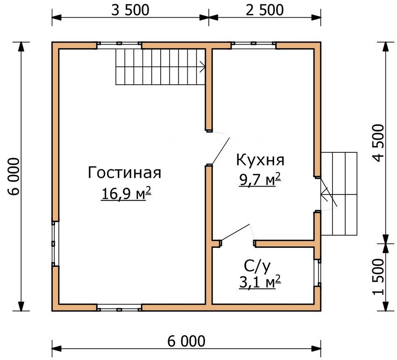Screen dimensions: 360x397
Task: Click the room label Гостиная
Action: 124,173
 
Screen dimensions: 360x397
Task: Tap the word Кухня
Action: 260,160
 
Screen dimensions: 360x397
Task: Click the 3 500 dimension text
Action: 130,10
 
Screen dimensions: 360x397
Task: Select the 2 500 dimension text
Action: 264,10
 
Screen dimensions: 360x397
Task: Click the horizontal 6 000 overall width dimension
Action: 186,341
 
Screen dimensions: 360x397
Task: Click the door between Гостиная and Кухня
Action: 219,150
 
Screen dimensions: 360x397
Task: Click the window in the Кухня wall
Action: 253,45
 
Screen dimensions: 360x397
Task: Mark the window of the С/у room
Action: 318,273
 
